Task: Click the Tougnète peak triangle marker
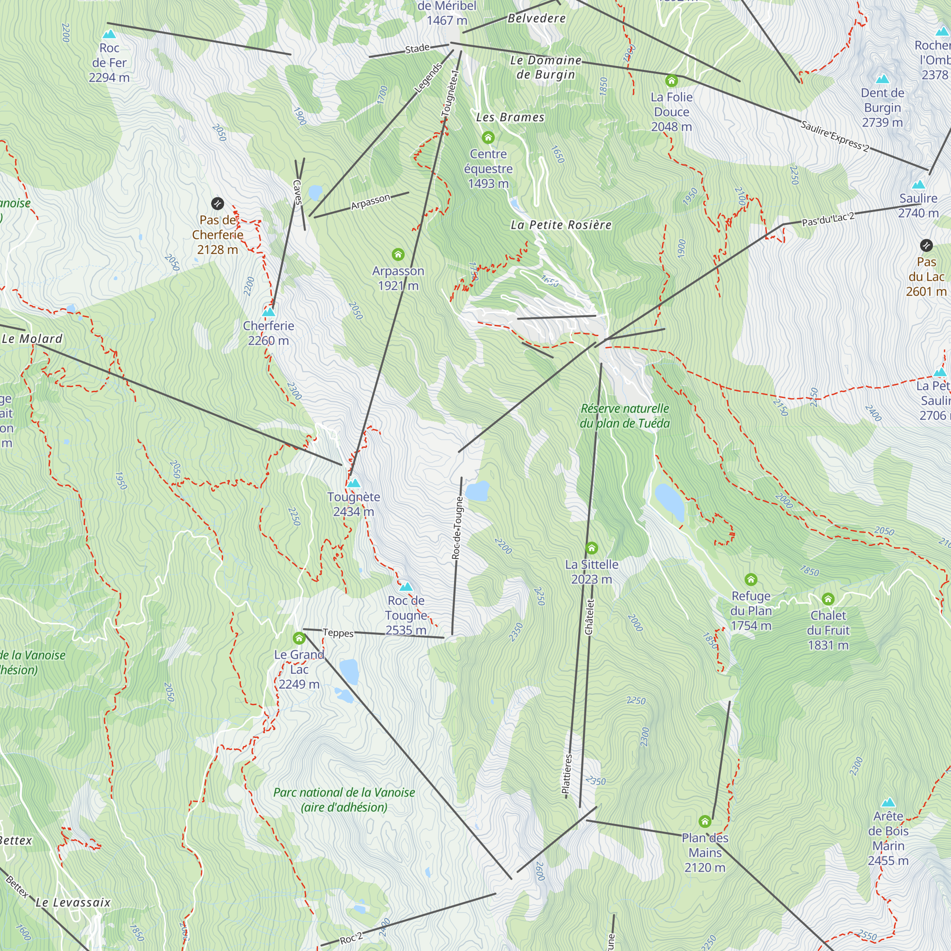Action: click(353, 483)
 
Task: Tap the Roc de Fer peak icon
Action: click(109, 34)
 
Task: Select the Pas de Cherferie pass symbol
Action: click(217, 204)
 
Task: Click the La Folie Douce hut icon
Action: click(671, 81)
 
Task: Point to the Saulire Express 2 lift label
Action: click(835, 136)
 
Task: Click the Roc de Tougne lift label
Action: click(457, 528)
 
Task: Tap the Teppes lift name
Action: click(338, 633)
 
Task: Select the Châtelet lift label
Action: click(589, 617)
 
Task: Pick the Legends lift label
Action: click(428, 78)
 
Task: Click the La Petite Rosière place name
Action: click(561, 225)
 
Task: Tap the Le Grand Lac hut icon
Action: click(299, 639)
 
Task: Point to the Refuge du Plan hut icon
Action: click(751, 579)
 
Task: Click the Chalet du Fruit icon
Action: click(828, 599)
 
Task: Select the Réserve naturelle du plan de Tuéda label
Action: click(625, 416)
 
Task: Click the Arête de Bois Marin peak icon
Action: click(888, 802)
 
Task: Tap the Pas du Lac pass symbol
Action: click(926, 245)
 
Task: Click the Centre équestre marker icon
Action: click(488, 137)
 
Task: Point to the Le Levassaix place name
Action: click(73, 902)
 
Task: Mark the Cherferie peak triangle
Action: click(268, 311)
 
